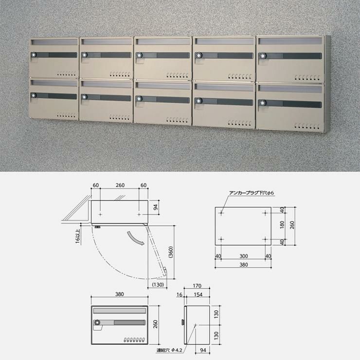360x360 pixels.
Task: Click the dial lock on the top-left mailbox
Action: [34, 55]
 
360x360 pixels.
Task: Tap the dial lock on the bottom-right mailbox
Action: [262, 103]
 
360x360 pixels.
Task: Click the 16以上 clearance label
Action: [78, 236]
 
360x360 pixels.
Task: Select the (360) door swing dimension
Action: [171, 252]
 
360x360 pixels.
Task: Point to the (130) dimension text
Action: [158, 285]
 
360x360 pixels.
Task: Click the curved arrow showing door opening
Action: [135, 238]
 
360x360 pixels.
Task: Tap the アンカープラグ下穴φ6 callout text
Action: [252, 193]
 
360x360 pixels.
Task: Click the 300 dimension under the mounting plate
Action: [244, 256]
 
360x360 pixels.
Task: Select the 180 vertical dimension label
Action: [282, 225]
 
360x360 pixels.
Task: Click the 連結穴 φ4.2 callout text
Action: [169, 350]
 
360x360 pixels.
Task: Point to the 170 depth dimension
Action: [197, 286]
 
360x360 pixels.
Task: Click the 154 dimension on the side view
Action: [198, 294]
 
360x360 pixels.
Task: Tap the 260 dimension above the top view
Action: [120, 185]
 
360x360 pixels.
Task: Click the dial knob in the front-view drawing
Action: [97, 323]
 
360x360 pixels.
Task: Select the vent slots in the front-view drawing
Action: [134, 340]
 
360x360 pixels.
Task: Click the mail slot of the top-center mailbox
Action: [163, 41]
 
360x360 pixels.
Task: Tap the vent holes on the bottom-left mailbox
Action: [66, 116]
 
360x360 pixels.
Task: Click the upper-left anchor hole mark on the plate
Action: [221, 213]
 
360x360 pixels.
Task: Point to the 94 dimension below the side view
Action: [203, 350]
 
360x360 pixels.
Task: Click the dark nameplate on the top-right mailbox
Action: [302, 56]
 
